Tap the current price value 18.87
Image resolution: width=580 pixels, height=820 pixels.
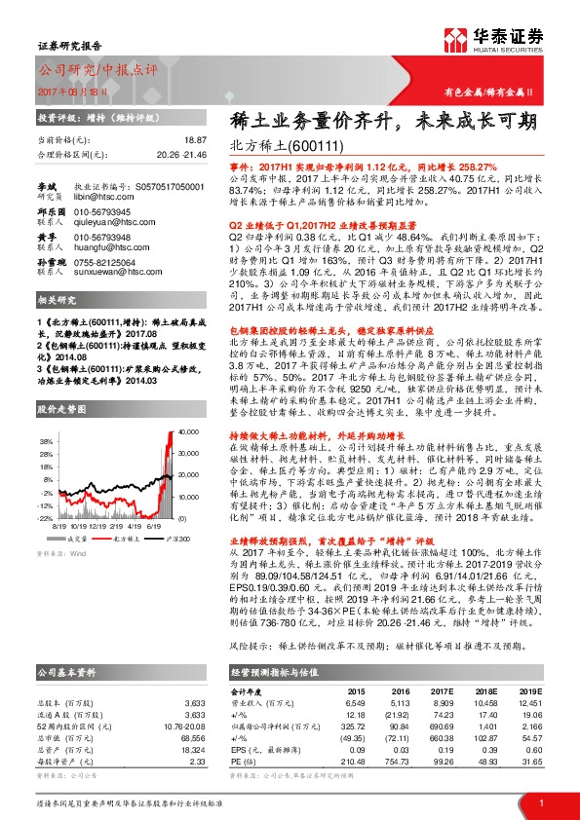[x=196, y=141]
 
